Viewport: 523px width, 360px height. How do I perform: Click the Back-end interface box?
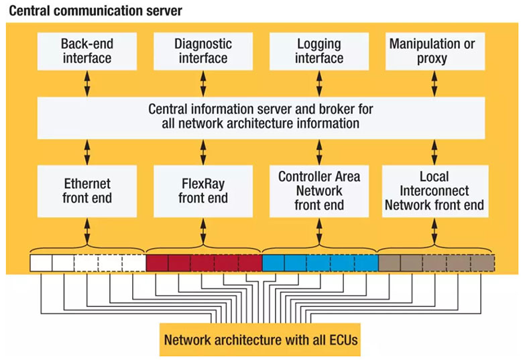point(87,51)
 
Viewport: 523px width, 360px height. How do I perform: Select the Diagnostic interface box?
point(202,51)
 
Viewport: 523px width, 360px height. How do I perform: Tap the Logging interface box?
point(318,51)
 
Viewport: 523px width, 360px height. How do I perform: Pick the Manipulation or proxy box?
point(434,51)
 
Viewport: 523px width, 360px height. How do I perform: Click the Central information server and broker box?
point(261,117)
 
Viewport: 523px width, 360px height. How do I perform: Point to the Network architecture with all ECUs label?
point(261,339)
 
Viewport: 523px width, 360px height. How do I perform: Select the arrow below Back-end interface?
point(87,84)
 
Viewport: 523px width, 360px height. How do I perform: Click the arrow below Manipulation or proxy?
point(434,84)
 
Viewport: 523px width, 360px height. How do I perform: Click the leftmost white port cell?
point(41,262)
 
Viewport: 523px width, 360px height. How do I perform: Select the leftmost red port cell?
point(157,262)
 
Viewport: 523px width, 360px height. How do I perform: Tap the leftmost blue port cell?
point(273,262)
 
